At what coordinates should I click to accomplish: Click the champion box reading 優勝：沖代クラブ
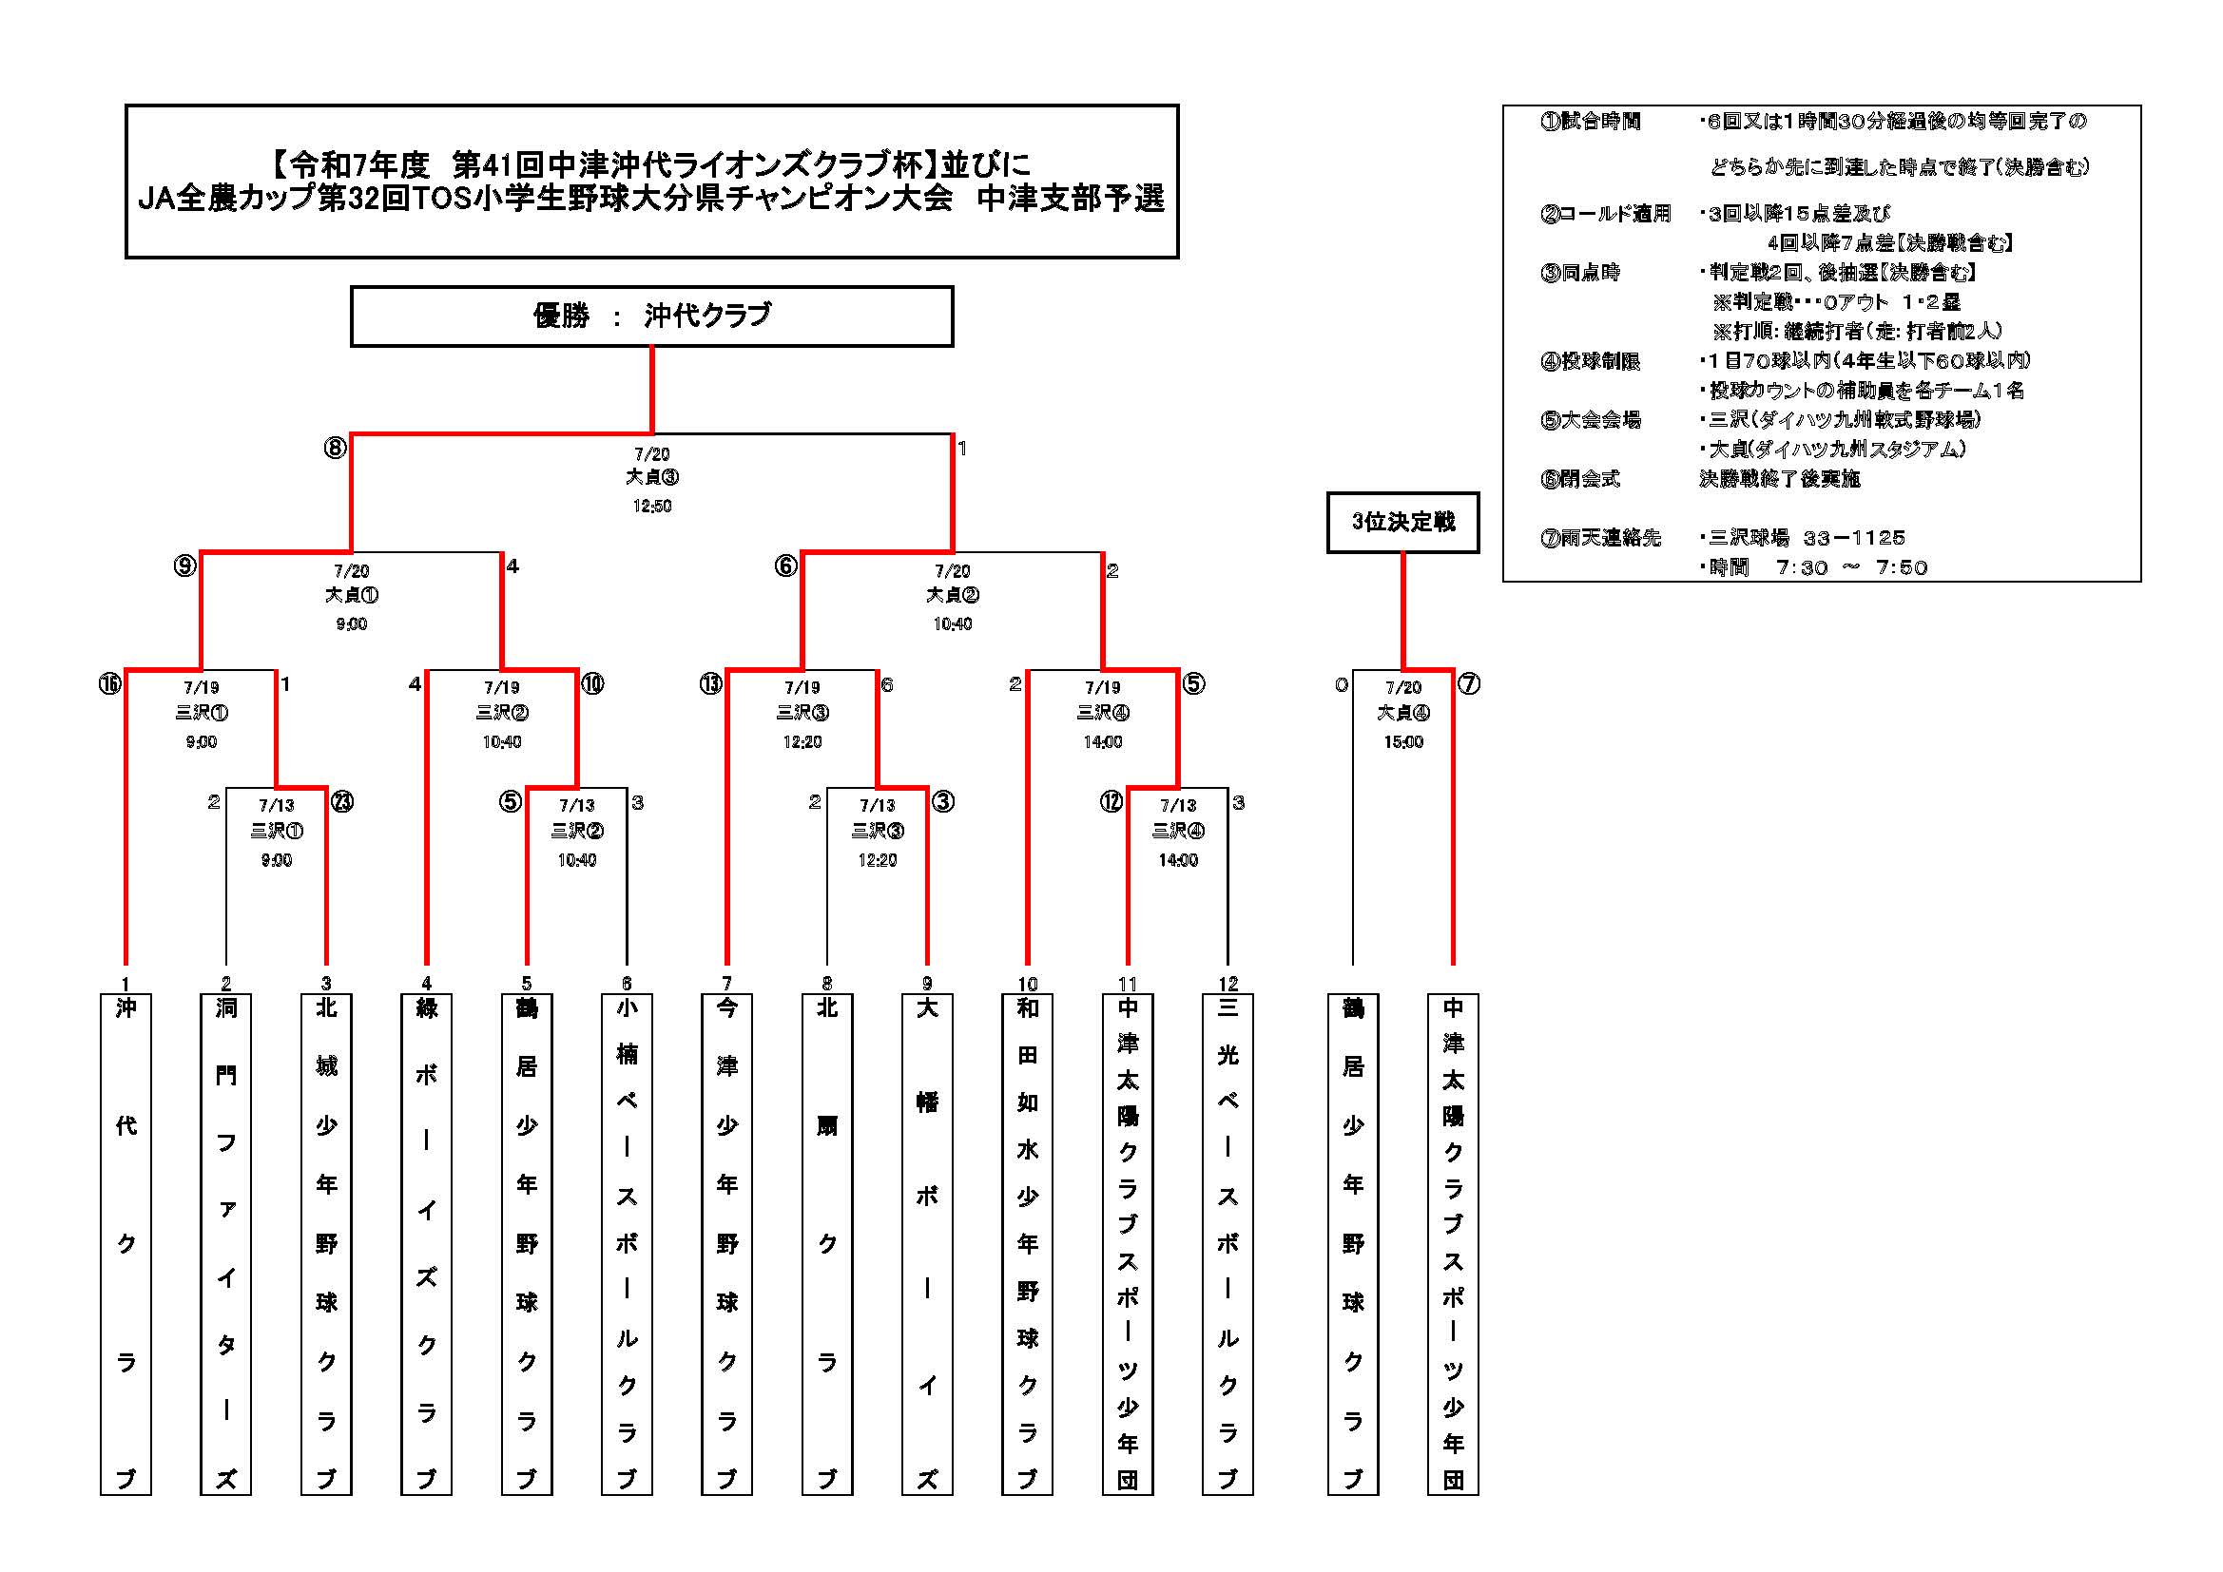[651, 316]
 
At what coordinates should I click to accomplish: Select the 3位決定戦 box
[1403, 523]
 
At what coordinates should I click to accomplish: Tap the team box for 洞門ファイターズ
[225, 1244]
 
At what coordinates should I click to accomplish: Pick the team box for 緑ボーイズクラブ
[426, 1244]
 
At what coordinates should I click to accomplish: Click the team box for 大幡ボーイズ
[927, 1244]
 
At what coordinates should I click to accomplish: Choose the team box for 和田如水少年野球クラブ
[1027, 1244]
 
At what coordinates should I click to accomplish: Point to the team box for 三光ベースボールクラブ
[1227, 1244]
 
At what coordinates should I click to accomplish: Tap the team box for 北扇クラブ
[827, 1244]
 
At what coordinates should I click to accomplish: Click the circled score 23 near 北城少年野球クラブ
[341, 801]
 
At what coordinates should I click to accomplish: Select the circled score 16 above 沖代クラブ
[109, 684]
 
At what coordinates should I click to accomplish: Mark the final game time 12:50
[651, 507]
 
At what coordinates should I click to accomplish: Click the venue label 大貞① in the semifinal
[352, 594]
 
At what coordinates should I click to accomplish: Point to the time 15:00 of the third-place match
[1403, 742]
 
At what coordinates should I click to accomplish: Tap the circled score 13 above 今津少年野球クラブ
[710, 684]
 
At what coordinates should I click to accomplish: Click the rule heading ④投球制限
[1590, 361]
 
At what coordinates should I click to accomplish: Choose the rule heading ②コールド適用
[1605, 214]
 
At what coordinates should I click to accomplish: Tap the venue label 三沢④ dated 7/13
[1178, 831]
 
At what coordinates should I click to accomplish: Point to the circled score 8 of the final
[335, 449]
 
